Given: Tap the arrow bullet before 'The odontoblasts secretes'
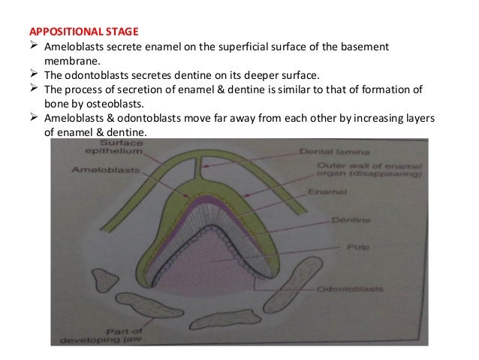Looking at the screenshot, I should tap(32, 74).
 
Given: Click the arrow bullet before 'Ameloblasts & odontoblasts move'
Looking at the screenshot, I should tap(32, 119).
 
